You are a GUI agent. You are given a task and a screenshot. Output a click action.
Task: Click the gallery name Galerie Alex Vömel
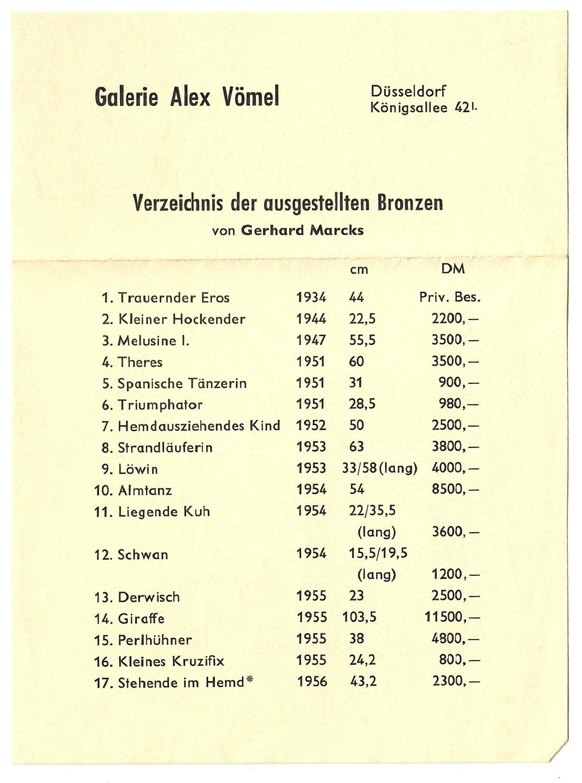click(187, 97)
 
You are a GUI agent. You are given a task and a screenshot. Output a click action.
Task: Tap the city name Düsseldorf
click(408, 92)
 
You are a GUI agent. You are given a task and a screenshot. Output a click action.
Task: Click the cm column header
click(359, 270)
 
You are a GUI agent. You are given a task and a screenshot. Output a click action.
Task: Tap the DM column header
click(453, 269)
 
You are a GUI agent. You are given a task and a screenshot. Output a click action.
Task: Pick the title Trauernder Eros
click(174, 298)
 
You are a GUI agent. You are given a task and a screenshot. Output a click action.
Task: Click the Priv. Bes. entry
click(450, 297)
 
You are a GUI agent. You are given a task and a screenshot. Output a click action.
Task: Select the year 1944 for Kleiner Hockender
click(311, 319)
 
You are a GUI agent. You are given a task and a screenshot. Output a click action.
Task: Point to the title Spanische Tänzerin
click(182, 383)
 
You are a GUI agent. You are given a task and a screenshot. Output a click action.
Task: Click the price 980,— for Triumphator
click(458, 404)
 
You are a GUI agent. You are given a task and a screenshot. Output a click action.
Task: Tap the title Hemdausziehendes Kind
click(199, 426)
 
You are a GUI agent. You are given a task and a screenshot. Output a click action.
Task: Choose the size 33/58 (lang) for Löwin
click(379, 468)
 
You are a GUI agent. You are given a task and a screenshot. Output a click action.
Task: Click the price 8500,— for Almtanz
click(455, 490)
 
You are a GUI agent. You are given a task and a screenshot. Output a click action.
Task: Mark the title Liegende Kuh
click(164, 512)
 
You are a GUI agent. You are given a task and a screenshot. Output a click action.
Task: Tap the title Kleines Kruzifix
click(171, 661)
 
